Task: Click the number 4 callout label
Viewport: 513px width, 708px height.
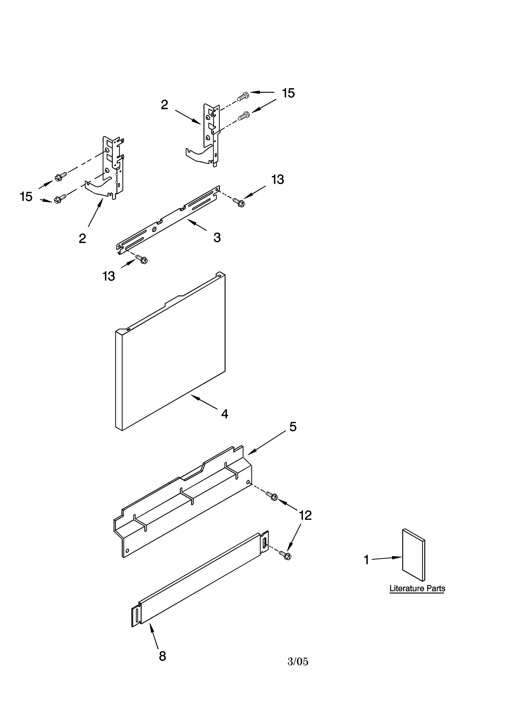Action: pos(224,414)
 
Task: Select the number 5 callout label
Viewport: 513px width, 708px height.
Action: pos(293,427)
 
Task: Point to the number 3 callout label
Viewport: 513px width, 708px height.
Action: pos(217,237)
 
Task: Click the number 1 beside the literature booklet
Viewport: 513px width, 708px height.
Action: pos(366,560)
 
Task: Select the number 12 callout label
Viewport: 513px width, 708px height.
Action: pos(305,515)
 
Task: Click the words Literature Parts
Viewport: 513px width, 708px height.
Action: pos(417,588)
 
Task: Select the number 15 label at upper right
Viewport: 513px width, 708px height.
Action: pos(288,93)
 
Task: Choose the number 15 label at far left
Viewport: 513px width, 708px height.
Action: pos(26,196)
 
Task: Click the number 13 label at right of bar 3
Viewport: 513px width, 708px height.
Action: pos(278,179)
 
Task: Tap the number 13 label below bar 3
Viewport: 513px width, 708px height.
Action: pos(109,276)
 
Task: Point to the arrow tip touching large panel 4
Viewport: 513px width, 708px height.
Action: pos(192,396)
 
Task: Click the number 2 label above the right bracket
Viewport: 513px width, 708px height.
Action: pos(164,105)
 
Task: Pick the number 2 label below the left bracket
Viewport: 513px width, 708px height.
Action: pos(82,238)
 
